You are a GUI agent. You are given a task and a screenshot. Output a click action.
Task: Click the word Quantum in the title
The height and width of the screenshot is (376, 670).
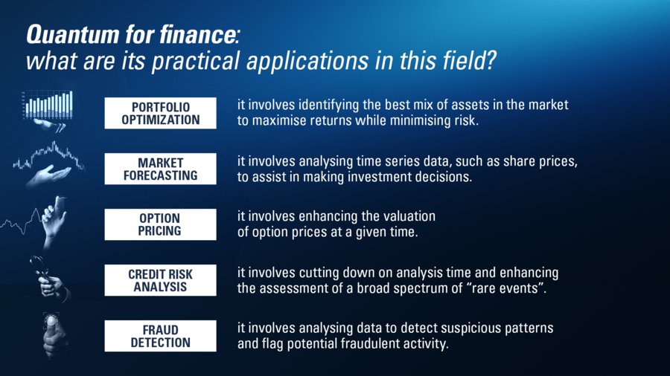pos(72,34)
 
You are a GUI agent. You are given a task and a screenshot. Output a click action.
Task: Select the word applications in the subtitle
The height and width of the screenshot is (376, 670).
pos(307,61)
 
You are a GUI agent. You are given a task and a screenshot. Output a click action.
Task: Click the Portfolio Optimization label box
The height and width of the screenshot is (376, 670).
pos(160,113)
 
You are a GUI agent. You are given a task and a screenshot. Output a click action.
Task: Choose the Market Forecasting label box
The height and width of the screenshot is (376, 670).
pos(160,169)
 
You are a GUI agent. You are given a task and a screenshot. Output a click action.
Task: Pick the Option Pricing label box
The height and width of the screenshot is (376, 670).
pos(160,224)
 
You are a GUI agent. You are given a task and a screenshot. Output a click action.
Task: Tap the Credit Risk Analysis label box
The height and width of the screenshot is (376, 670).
pos(160,280)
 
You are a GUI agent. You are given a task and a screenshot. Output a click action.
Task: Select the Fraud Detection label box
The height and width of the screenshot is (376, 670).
pos(160,336)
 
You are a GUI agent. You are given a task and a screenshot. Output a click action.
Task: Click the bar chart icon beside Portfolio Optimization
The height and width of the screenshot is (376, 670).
pos(47,105)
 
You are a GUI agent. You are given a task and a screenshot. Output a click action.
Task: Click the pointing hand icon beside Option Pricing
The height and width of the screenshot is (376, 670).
pos(54,221)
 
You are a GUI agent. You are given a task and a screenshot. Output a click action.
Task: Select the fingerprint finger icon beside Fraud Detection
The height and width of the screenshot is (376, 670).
pos(54,334)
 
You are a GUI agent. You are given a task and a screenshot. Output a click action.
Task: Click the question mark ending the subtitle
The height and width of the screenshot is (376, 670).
pos(490,60)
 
